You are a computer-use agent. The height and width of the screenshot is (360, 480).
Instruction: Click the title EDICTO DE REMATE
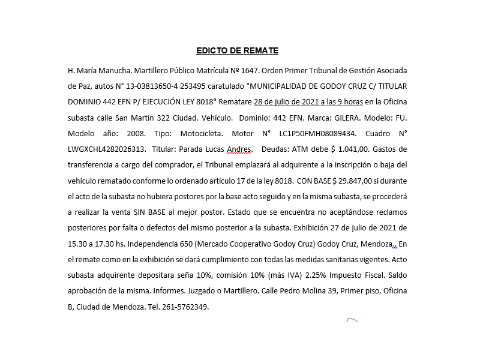[237, 51]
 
